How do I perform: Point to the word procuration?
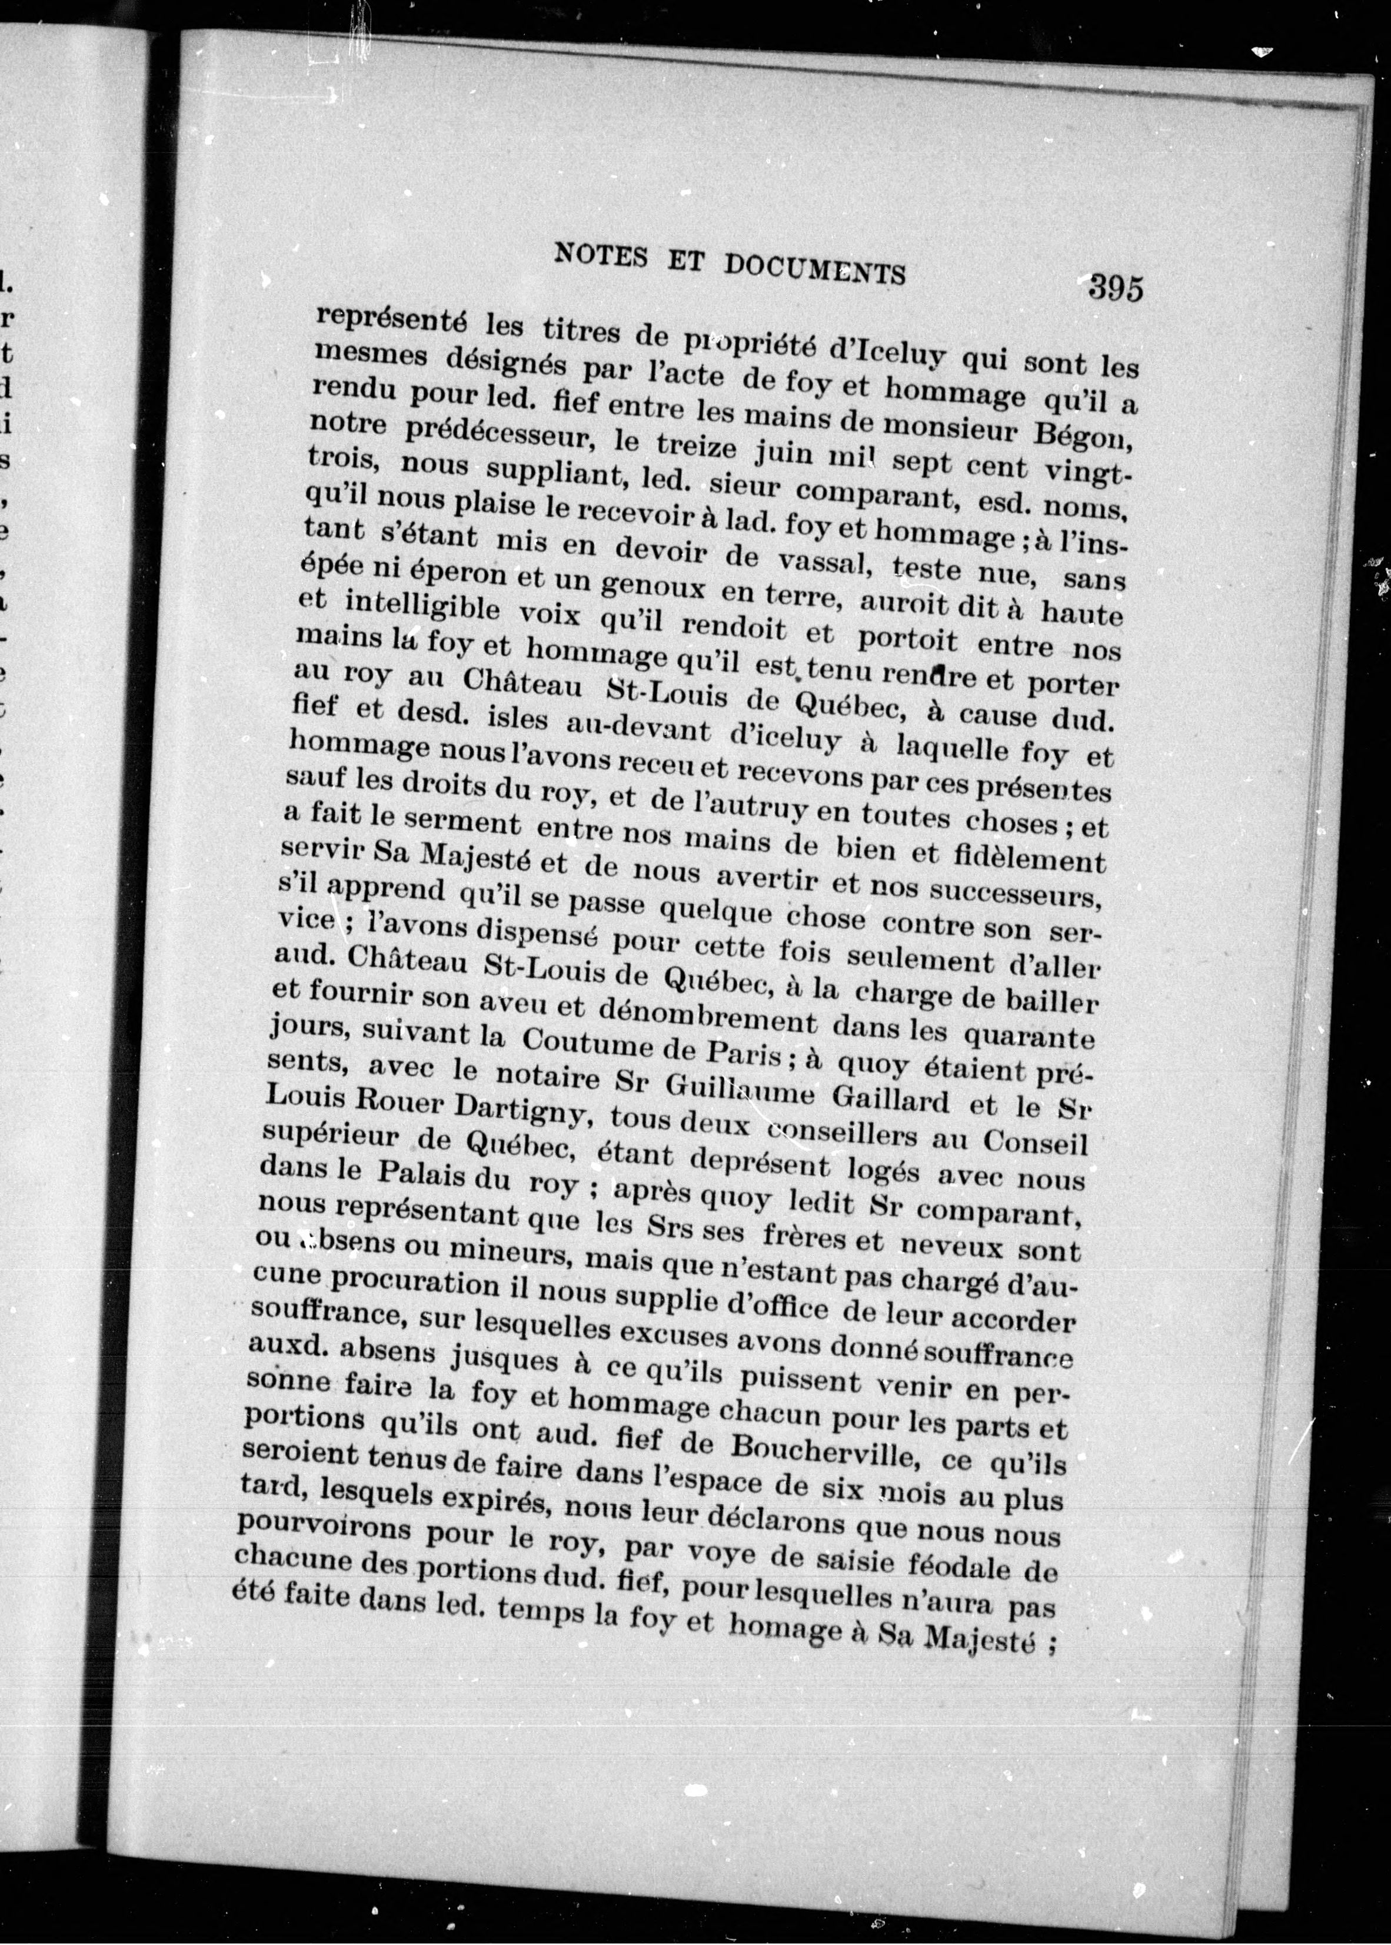click(x=411, y=1281)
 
